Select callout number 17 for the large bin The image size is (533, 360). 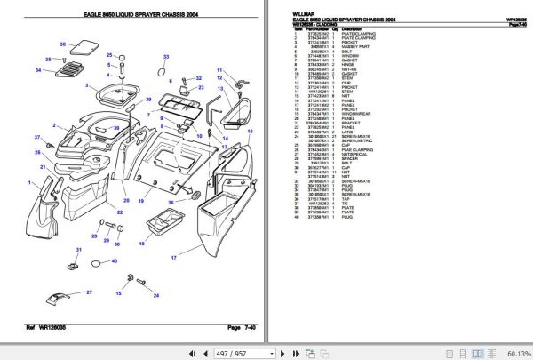click(174, 258)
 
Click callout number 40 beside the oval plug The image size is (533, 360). click(115, 261)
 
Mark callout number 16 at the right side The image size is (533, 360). click(250, 132)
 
